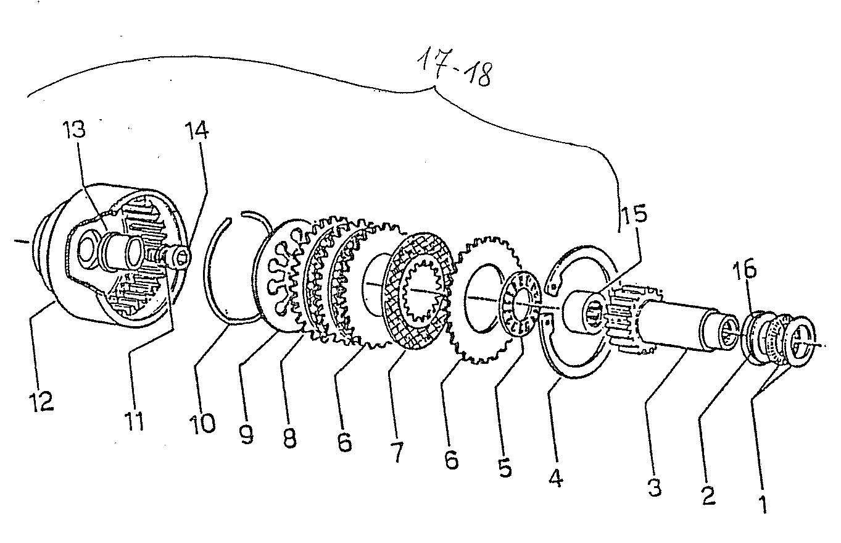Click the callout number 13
(x=74, y=130)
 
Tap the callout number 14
(x=197, y=131)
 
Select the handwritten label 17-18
(x=454, y=69)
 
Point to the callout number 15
(x=634, y=214)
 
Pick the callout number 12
(x=42, y=401)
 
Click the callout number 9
(x=247, y=434)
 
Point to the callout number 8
(x=289, y=437)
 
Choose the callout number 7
(x=397, y=452)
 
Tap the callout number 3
(x=655, y=487)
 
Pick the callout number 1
(x=763, y=504)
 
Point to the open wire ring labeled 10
(x=210, y=271)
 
